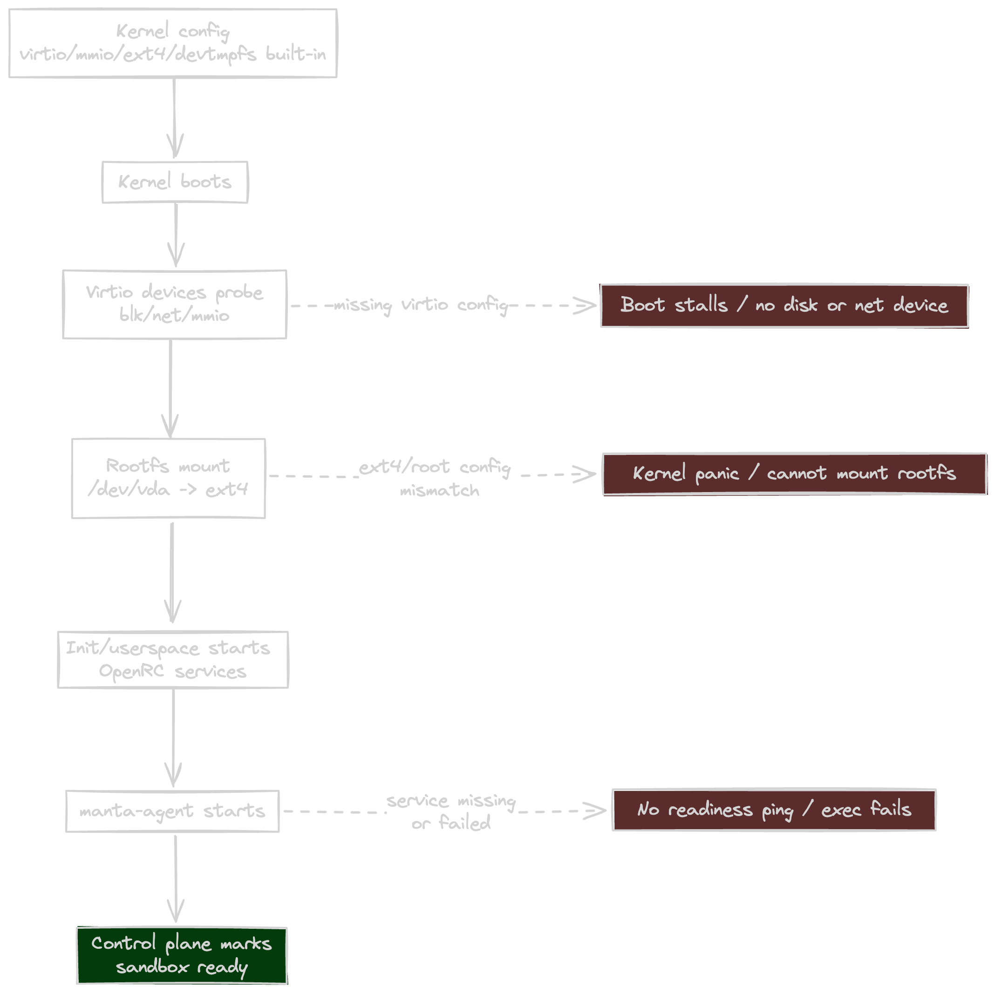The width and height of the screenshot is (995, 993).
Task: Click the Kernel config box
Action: [173, 43]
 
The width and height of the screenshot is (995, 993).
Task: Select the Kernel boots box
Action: [175, 182]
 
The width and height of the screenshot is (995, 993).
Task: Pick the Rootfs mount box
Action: [169, 478]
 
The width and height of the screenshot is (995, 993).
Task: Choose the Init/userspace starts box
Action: [173, 659]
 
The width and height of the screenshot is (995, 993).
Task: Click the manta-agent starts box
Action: [172, 811]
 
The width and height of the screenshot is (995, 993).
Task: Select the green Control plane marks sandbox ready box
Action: [181, 955]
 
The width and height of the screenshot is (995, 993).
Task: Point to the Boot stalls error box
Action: [784, 305]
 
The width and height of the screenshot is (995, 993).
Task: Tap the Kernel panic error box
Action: [794, 473]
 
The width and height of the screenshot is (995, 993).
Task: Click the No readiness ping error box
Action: [774, 810]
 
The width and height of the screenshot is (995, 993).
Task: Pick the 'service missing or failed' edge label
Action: [451, 812]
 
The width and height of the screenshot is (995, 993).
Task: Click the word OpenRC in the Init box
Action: [131, 671]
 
